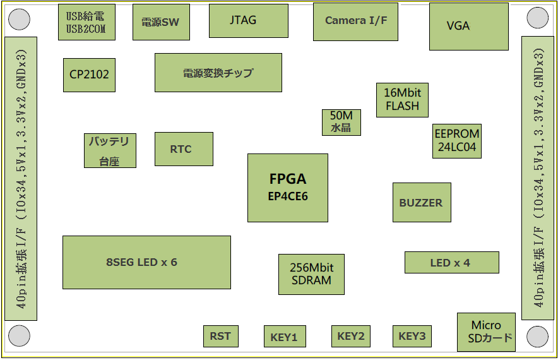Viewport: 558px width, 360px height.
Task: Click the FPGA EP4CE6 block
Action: click(x=288, y=188)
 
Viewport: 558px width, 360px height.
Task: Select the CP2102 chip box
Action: click(x=90, y=75)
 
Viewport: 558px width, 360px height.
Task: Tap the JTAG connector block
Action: click(x=249, y=21)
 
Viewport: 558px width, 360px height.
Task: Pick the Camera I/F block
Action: click(x=355, y=21)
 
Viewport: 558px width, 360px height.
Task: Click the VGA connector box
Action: click(x=468, y=27)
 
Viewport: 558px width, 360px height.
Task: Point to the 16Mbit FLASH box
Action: click(x=402, y=100)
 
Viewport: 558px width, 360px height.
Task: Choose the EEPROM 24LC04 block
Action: click(x=457, y=141)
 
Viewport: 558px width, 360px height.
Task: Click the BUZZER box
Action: click(x=422, y=202)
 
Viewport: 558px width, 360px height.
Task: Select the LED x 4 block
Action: click(x=451, y=263)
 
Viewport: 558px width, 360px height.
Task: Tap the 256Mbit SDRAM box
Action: click(x=311, y=274)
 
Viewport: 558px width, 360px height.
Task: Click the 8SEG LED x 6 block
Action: click(x=146, y=262)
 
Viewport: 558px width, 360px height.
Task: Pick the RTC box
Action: click(x=184, y=149)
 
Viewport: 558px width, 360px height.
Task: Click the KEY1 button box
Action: click(x=285, y=336)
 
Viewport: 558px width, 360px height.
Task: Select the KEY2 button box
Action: click(x=351, y=336)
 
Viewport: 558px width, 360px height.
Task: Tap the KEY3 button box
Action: click(x=412, y=336)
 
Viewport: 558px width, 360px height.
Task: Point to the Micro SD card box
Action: click(x=486, y=332)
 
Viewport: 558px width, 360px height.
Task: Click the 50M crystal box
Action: click(x=341, y=122)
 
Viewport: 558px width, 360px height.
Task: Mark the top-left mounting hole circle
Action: click(x=19, y=19)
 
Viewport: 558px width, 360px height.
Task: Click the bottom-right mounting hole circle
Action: click(x=537, y=336)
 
